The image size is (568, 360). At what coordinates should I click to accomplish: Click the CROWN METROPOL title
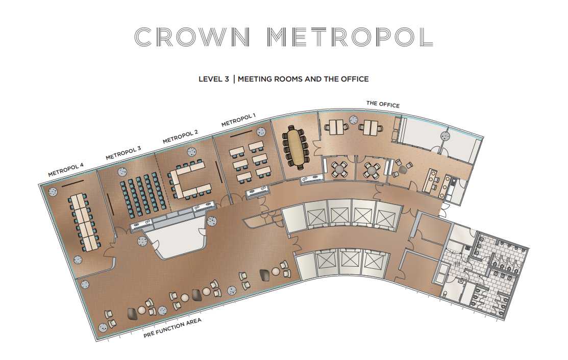[284, 37]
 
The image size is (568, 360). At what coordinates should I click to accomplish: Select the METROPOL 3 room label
[123, 153]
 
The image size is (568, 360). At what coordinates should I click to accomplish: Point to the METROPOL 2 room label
[180, 137]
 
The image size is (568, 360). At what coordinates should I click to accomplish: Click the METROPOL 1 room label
[238, 121]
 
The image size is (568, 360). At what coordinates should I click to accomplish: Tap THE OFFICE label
[383, 104]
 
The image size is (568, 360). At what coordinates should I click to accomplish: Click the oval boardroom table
[295, 147]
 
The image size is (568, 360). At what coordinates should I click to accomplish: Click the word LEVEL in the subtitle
[210, 79]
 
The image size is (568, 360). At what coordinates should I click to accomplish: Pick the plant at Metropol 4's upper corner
[53, 192]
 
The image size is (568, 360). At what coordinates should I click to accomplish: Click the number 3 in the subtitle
[226, 79]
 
